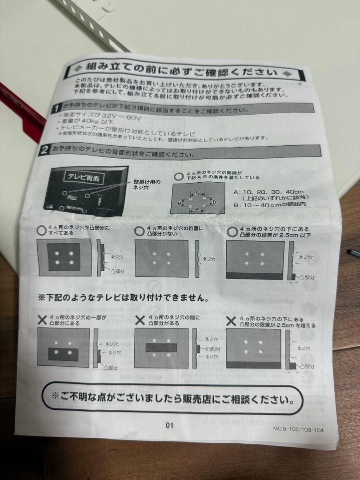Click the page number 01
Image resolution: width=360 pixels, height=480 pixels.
pyautogui.click(x=169, y=425)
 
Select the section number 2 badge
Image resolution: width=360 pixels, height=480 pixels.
pyautogui.click(x=44, y=150)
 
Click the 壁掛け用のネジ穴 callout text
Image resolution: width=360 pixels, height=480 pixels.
pyautogui.click(x=147, y=184)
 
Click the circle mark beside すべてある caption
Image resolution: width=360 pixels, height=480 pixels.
pyautogui.click(x=42, y=230)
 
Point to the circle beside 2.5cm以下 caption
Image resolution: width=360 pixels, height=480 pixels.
pyautogui.click(x=232, y=232)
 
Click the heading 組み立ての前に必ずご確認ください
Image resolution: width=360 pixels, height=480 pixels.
pyautogui.click(x=181, y=70)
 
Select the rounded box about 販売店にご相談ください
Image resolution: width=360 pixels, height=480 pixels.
pyautogui.click(x=171, y=396)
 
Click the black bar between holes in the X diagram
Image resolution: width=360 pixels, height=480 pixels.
pyautogui.click(x=161, y=348)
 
